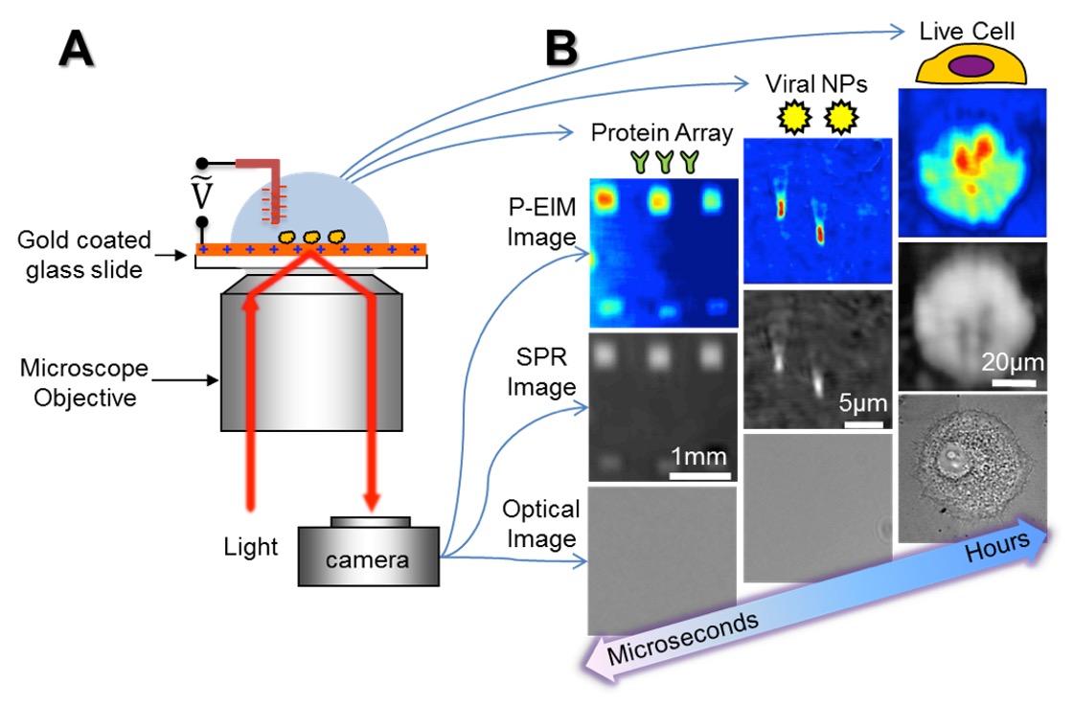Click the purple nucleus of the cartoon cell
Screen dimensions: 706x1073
(970, 66)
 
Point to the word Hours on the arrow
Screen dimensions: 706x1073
(996, 549)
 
